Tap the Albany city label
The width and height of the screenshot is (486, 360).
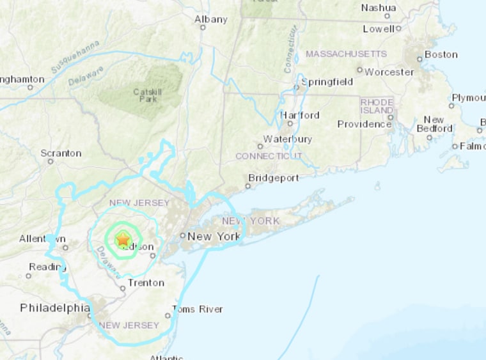(x=210, y=19)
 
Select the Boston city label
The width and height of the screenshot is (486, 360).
(x=441, y=54)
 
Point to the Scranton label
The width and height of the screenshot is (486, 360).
(x=61, y=153)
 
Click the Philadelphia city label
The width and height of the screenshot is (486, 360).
(x=55, y=308)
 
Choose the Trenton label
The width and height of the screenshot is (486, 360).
(x=146, y=283)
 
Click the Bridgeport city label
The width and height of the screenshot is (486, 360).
(x=273, y=178)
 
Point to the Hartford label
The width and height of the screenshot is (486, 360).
(x=299, y=115)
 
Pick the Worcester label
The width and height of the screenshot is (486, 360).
(x=389, y=72)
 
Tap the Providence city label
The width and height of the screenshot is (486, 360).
(x=364, y=124)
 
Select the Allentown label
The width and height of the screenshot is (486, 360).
(x=42, y=239)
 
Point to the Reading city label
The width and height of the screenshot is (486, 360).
(x=43, y=267)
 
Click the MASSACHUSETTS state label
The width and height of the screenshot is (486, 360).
(x=346, y=54)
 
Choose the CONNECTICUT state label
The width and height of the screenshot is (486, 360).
(x=268, y=156)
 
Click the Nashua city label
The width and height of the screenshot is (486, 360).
(x=379, y=8)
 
